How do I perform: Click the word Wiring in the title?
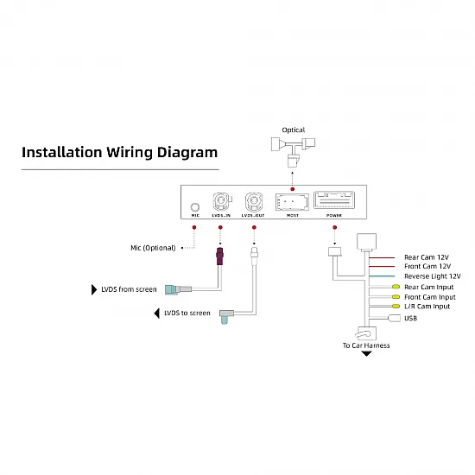pos(129,153)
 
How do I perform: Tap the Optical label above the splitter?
pos(294,130)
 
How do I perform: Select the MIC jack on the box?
pos(195,207)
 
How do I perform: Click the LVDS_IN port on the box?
pos(222,202)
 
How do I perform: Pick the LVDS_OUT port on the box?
pos(254,202)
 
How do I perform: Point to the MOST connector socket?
pos(292,202)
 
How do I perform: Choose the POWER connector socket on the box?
pos(334,200)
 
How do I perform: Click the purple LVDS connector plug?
pos(220,256)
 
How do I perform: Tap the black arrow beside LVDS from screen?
pos(94,289)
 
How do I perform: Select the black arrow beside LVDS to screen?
pos(157,313)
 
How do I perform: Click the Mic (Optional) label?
pos(153,248)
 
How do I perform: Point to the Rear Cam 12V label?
pos(427,257)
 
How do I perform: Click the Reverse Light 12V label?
pos(433,276)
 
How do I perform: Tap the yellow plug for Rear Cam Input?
pos(396,287)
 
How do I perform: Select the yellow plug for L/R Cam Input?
pos(396,307)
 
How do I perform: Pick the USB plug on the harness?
pos(394,318)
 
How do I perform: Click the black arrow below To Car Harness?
pos(366,353)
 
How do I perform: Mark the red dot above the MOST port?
pos(292,189)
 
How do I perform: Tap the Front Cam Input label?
pos(430,297)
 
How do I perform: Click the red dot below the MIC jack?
pos(194,227)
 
